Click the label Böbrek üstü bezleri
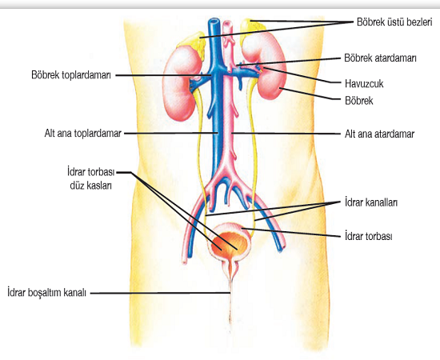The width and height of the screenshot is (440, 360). pyautogui.click(x=394, y=22)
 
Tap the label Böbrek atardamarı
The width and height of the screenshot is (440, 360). pyautogui.click(x=380, y=58)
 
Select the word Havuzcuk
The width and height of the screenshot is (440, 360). pyautogui.click(x=364, y=84)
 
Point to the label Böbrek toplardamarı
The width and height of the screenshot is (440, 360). pyautogui.click(x=71, y=75)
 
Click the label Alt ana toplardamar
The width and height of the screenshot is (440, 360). pyautogui.click(x=83, y=133)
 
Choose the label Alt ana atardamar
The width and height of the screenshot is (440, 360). pyautogui.click(x=379, y=134)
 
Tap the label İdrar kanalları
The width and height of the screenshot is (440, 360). pyautogui.click(x=371, y=202)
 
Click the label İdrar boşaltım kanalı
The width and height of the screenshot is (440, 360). pyautogui.click(x=47, y=293)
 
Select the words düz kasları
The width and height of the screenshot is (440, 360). pyautogui.click(x=91, y=186)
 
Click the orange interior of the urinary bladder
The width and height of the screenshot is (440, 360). pyautogui.click(x=230, y=242)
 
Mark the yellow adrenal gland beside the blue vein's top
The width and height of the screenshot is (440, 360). pyautogui.click(x=194, y=45)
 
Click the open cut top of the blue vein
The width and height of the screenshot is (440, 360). pyautogui.click(x=214, y=22)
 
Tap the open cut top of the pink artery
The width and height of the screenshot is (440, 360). pyautogui.click(x=227, y=24)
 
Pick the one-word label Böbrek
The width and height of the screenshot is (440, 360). pyautogui.click(x=359, y=101)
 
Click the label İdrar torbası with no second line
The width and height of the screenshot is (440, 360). pyautogui.click(x=369, y=236)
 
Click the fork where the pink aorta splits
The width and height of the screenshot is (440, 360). pyautogui.click(x=226, y=173)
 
